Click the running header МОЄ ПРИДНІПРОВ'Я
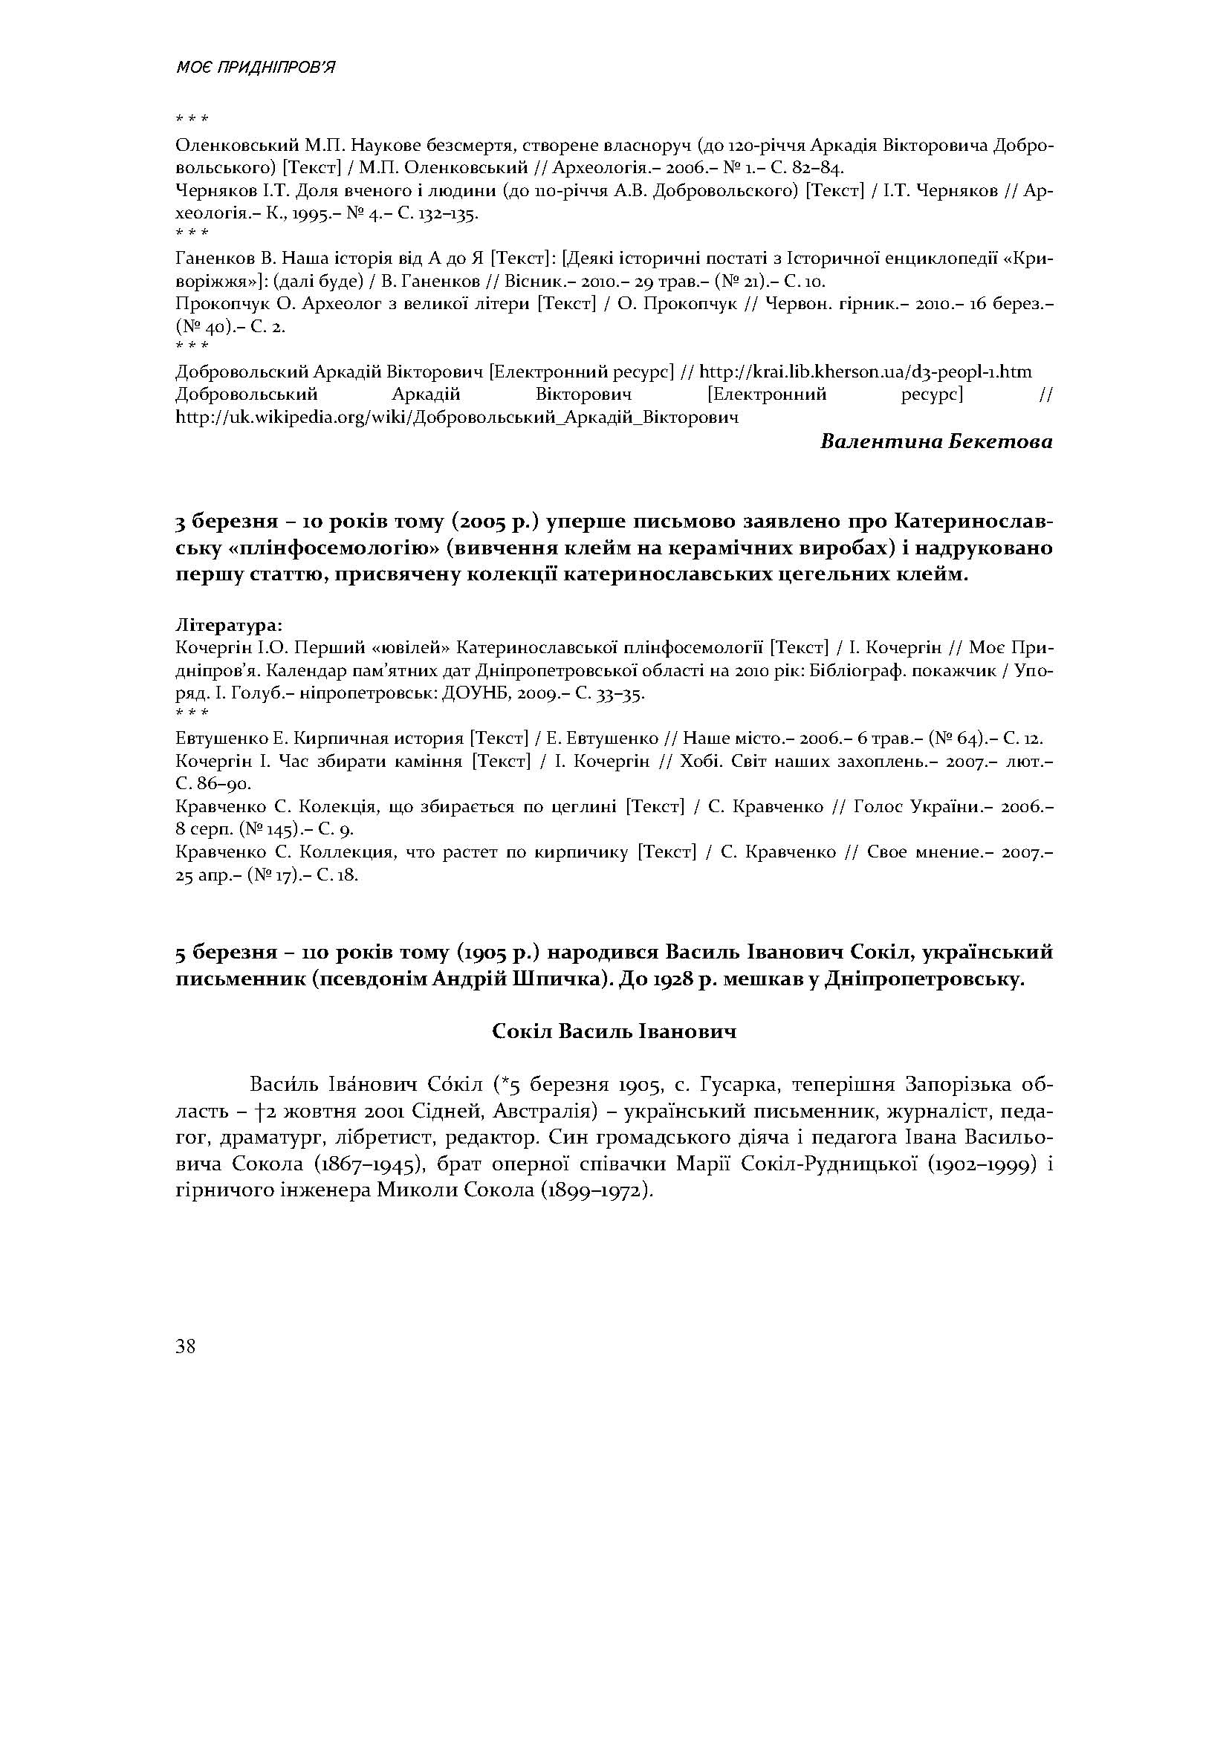(x=255, y=68)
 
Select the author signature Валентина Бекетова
(x=936, y=441)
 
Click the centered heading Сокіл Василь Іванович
(x=614, y=1031)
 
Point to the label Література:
(x=229, y=626)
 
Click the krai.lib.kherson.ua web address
(x=865, y=372)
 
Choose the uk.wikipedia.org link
(x=456, y=417)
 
